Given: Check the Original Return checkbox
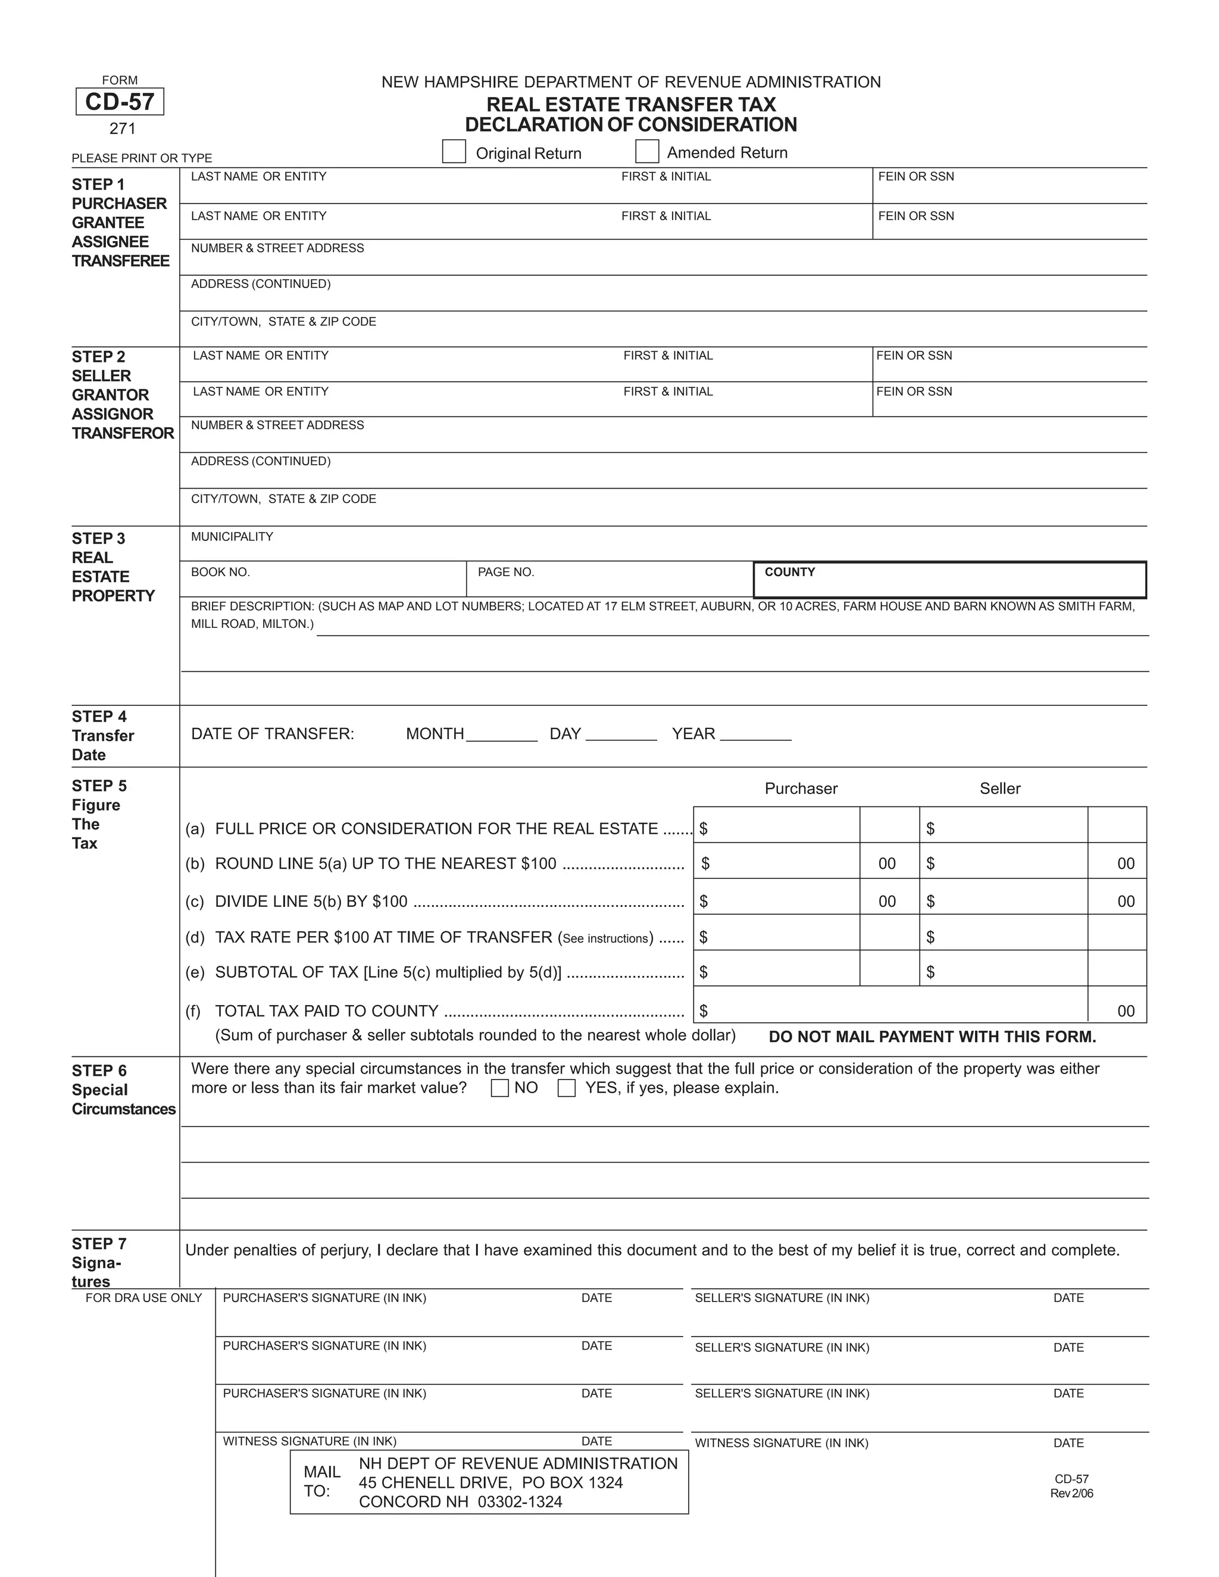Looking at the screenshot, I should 454,152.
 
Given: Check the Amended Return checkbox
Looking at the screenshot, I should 646,152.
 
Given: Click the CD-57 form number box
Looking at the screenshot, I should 120,102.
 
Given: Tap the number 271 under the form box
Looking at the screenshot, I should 122,129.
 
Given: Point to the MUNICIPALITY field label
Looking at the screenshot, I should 232,537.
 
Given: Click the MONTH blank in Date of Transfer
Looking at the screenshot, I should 501,734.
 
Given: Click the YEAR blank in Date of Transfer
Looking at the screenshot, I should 755,734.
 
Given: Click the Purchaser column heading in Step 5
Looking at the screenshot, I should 801,788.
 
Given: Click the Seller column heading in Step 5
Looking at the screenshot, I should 999,788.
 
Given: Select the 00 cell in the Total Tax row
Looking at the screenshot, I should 1125,1011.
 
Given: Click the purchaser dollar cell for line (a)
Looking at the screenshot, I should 777,828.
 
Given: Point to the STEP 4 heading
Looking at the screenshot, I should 99,716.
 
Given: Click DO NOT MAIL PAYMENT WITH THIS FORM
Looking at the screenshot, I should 932,1037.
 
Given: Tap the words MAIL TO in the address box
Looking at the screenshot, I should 321,1482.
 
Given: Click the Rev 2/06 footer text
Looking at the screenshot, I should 1071,1493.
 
